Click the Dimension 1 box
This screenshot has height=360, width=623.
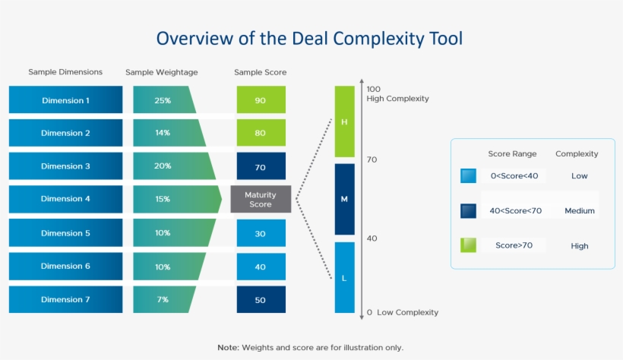tap(65, 99)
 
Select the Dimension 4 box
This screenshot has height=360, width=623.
tap(65, 199)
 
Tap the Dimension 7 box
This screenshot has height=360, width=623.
tap(65, 299)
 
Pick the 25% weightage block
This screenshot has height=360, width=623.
tap(164, 99)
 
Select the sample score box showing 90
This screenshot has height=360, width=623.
tap(261, 99)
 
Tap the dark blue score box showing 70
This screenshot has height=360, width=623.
tap(261, 166)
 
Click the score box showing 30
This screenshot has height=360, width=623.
tap(261, 233)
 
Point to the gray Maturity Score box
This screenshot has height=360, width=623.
tap(261, 199)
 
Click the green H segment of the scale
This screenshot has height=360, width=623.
tap(344, 122)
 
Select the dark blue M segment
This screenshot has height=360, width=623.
tap(344, 199)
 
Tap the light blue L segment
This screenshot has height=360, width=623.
tap(344, 277)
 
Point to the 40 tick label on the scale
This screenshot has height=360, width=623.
tap(372, 238)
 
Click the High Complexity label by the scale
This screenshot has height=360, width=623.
tap(397, 99)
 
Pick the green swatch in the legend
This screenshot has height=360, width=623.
tap(468, 245)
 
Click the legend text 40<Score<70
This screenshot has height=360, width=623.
tap(515, 210)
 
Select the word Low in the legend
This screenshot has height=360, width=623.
tap(579, 176)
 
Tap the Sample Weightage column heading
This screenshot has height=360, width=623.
tap(161, 72)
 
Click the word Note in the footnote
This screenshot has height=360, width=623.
tap(229, 348)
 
